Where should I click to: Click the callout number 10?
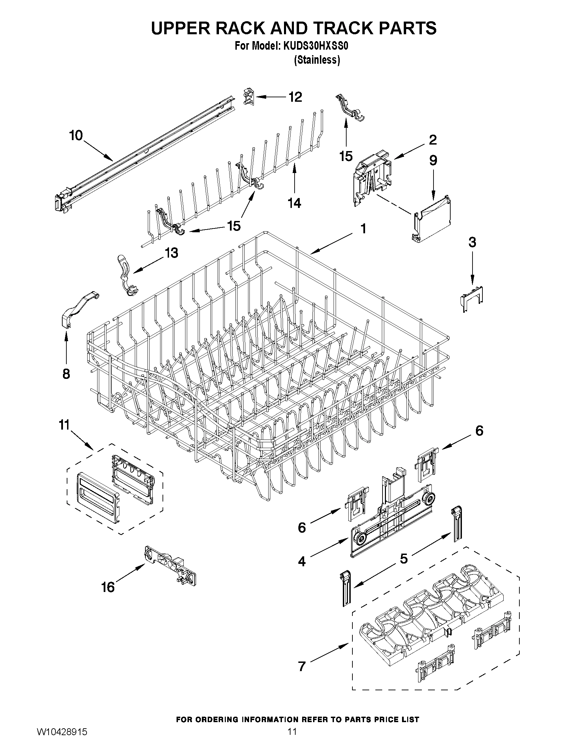[x=76, y=135]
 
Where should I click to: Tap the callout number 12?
[x=295, y=97]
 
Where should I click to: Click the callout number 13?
[x=171, y=253]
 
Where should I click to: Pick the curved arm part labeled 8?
[x=79, y=307]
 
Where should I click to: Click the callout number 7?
[x=302, y=666]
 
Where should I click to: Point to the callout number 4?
[x=302, y=561]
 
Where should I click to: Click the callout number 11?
[x=64, y=425]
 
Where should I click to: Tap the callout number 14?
[x=294, y=203]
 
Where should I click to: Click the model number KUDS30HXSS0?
[x=315, y=46]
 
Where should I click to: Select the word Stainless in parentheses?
[x=317, y=60]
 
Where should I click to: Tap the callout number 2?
[x=433, y=140]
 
